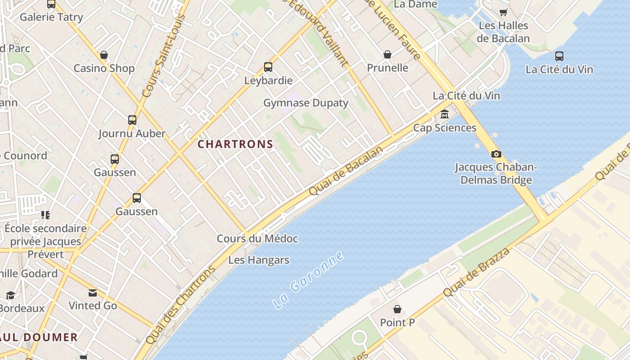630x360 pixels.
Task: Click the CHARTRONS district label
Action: pyautogui.click(x=235, y=144)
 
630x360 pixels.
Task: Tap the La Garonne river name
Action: pyautogui.click(x=308, y=280)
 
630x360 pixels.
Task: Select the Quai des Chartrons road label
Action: pyautogui.click(x=180, y=306)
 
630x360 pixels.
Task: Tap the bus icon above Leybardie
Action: pyautogui.click(x=268, y=67)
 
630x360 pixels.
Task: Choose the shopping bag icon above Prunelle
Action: pyautogui.click(x=387, y=54)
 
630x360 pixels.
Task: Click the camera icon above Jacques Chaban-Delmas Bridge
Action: pyautogui.click(x=496, y=154)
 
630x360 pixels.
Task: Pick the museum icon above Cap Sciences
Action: pyautogui.click(x=445, y=114)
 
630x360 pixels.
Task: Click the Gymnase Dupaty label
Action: pyautogui.click(x=306, y=103)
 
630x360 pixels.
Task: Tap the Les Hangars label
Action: pyautogui.click(x=259, y=260)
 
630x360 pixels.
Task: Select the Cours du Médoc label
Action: pyautogui.click(x=257, y=238)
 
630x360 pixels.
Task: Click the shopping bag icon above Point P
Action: pyautogui.click(x=397, y=309)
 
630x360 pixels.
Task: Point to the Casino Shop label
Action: pyautogui.click(x=104, y=68)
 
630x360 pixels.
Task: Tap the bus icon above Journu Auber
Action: pyautogui.click(x=132, y=120)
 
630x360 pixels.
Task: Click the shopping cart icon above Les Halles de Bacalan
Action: pyautogui.click(x=503, y=12)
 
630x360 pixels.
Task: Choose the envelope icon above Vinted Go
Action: pyautogui.click(x=93, y=293)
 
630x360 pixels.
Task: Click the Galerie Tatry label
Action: pyautogui.click(x=51, y=17)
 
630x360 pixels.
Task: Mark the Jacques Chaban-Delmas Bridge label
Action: pyautogui.click(x=495, y=174)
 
